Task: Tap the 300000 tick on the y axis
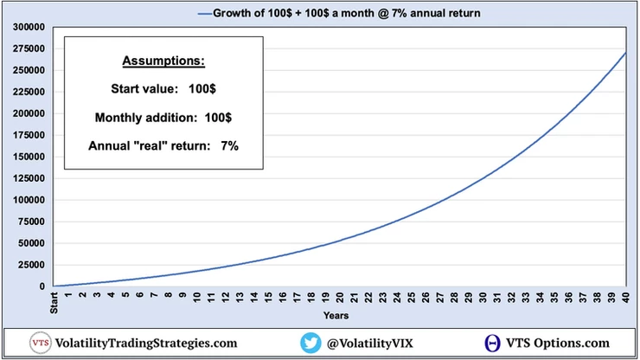pyautogui.click(x=24, y=27)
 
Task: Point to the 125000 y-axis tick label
pyautogui.click(x=24, y=178)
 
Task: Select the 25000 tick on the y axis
pyautogui.click(x=28, y=265)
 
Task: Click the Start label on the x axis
pyautogui.click(x=54, y=304)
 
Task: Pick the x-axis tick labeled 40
pyautogui.click(x=625, y=298)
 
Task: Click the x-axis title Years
pyautogui.click(x=336, y=317)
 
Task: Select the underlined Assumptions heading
pyautogui.click(x=164, y=62)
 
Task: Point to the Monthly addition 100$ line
pyautogui.click(x=164, y=116)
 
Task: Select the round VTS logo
pyautogui.click(x=40, y=343)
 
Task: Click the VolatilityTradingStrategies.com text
pyautogui.click(x=145, y=343)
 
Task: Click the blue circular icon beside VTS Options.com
pyautogui.click(x=491, y=343)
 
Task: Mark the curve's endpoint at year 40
pyautogui.click(x=625, y=54)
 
